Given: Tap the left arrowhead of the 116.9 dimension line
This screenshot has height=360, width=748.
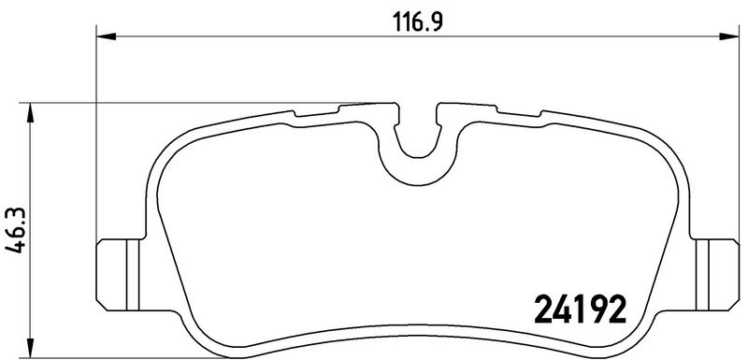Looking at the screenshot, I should [105, 37].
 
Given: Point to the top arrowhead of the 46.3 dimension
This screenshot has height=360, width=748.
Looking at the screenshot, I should [33, 109].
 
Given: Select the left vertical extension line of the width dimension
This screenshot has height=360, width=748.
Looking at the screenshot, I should [97, 140].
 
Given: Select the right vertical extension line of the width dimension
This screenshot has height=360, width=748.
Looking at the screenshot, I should [731, 140].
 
